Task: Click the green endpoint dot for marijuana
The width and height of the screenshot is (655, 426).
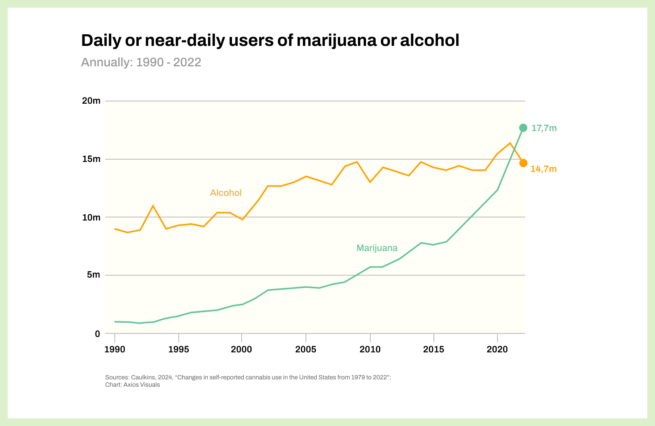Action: click(523, 128)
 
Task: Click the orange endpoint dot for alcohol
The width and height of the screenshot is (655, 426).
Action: click(523, 163)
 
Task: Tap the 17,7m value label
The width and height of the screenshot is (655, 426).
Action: click(544, 128)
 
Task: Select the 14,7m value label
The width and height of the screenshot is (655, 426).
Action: click(543, 169)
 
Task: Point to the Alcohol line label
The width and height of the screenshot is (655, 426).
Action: click(226, 193)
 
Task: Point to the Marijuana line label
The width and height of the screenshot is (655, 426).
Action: click(377, 248)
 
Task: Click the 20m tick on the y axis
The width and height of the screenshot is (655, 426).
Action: click(91, 101)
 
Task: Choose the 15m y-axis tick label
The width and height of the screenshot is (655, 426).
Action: click(91, 159)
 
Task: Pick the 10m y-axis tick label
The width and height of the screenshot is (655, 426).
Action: click(91, 217)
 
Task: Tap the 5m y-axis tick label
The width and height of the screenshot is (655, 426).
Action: click(93, 275)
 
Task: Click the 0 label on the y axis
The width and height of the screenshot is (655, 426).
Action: click(97, 334)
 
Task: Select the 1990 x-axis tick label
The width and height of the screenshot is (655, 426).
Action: click(115, 350)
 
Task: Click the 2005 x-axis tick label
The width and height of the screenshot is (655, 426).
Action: click(306, 350)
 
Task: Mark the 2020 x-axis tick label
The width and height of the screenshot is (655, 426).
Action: click(497, 350)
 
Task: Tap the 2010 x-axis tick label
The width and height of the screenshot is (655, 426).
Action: click(370, 350)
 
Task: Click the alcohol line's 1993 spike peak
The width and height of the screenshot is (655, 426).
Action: click(153, 206)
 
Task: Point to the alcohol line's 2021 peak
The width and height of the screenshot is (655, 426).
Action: click(510, 143)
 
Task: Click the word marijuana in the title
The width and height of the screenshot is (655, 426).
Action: click(336, 40)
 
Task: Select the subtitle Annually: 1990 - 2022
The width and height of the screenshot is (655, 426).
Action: click(141, 62)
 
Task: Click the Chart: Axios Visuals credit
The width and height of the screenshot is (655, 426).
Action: click(133, 385)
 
